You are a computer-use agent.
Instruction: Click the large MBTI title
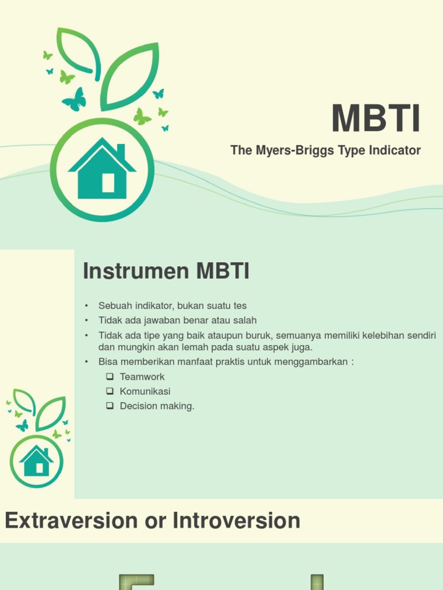tap(376, 119)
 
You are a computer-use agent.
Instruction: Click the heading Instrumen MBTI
tap(166, 271)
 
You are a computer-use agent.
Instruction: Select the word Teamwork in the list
tap(142, 377)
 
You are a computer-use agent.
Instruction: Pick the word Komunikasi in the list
tap(145, 391)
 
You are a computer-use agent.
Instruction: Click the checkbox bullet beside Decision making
tap(110, 406)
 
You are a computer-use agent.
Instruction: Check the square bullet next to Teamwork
tap(110, 377)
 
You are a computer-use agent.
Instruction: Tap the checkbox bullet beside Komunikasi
tap(110, 391)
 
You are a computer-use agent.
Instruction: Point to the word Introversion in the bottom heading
tap(236, 521)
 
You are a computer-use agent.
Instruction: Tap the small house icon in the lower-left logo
tap(36, 461)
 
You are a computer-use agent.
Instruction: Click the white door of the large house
tap(108, 183)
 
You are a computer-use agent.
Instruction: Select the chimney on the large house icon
tap(121, 151)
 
